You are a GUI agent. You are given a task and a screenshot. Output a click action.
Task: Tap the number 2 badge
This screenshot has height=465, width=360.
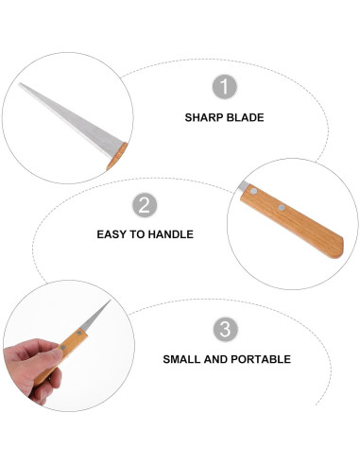pos(144,206)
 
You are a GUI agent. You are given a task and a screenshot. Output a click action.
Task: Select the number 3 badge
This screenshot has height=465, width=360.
pos(224,329)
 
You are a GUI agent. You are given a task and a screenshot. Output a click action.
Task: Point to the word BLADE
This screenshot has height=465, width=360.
pos(245,118)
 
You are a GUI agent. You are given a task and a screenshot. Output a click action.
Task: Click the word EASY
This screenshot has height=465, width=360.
pos(113,233)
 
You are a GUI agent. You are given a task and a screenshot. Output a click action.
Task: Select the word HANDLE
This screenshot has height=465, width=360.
pos(173,233)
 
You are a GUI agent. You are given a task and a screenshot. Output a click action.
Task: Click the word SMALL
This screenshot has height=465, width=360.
pos(182,359)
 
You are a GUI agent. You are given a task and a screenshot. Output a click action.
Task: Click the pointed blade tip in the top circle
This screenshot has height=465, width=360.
pos(20,86)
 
